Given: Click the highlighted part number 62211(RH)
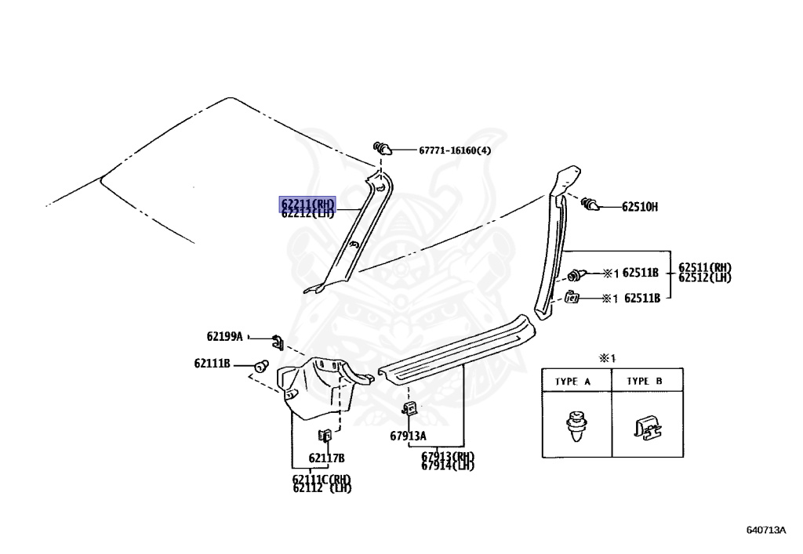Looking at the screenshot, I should [x=308, y=204].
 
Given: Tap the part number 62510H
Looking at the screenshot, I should [x=640, y=207].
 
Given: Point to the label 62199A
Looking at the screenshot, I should [x=225, y=336].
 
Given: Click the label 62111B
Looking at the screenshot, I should [x=213, y=364].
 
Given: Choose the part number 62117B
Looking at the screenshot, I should [x=326, y=458].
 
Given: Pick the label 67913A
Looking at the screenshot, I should [x=408, y=436].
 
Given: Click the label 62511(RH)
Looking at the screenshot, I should [x=704, y=267].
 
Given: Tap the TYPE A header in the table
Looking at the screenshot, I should [x=572, y=382].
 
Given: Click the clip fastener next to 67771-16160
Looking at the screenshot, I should [x=383, y=147].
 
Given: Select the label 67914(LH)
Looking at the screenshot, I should [x=448, y=466].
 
